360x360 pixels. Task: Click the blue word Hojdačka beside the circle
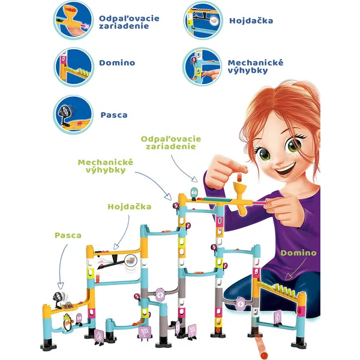[251, 21]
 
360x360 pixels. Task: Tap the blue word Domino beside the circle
[117, 62]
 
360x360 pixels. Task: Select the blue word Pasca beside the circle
[114, 115]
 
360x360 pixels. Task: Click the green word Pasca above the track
[68, 235]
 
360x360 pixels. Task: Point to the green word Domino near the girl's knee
[298, 253]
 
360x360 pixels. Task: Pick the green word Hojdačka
[130, 206]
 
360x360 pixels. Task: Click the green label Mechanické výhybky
[106, 166]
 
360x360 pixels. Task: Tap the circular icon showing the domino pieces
[74, 67]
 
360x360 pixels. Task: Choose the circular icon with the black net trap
[73, 115]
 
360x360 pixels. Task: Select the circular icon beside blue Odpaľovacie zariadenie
[73, 20]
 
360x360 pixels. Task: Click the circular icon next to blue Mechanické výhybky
[202, 67]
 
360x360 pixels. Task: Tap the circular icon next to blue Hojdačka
[203, 20]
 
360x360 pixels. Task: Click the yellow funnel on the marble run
[239, 189]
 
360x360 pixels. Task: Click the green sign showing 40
[194, 192]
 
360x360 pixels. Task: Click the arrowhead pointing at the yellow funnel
[194, 179]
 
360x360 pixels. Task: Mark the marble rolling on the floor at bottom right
[265, 355]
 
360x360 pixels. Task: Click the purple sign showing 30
[79, 319]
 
